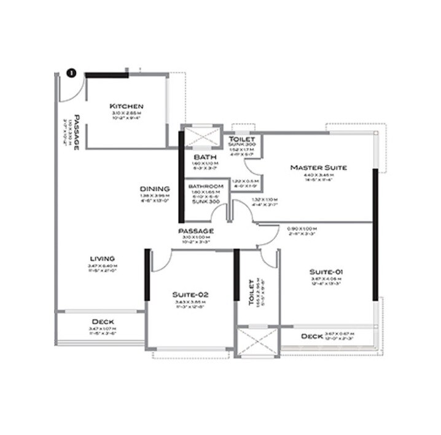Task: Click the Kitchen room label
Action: pos(127,106)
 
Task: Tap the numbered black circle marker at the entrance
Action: pos(71,74)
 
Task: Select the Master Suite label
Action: pos(318,167)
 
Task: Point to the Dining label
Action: pos(154,189)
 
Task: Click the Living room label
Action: pos(103,259)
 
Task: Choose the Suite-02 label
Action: pos(189,294)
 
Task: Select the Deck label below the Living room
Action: pos(103,322)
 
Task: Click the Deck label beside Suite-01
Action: pos(312,337)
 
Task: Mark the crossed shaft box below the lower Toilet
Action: pos(257,341)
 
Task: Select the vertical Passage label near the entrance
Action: pos(77,131)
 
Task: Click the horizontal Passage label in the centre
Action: pos(195,230)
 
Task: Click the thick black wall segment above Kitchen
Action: pos(106,75)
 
